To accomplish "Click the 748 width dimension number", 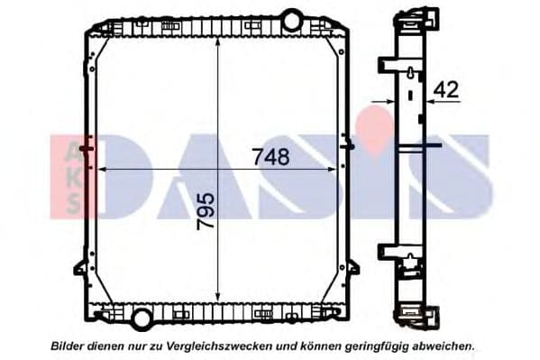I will tap(271, 156).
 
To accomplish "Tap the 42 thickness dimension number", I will tap(447, 89).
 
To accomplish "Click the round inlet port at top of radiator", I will tap(291, 18).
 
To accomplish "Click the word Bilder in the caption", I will tap(71, 346).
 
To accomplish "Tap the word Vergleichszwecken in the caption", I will tap(215, 346).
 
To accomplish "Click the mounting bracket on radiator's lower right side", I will tap(352, 266).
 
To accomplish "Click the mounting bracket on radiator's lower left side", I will tap(80, 266).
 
